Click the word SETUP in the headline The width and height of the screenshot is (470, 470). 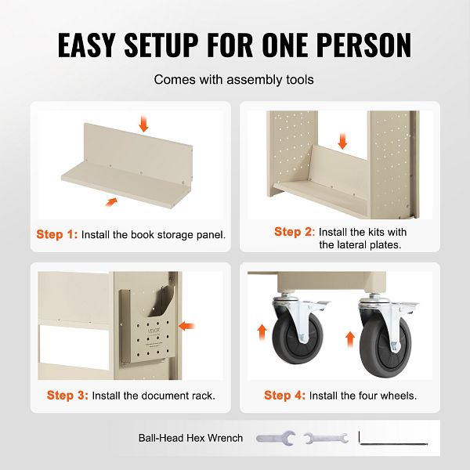(161, 45)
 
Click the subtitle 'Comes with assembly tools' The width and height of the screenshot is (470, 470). (233, 79)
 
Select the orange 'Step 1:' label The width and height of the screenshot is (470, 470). (57, 234)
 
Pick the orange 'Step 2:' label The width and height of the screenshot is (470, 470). (295, 232)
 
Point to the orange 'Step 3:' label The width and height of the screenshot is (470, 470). (67, 395)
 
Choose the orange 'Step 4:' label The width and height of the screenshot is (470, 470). (285, 395)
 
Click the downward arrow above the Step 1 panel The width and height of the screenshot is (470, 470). (143, 124)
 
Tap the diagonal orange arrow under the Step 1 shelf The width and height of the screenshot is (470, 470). (111, 202)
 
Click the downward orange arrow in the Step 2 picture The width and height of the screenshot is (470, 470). (342, 141)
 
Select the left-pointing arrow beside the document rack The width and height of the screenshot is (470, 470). (186, 326)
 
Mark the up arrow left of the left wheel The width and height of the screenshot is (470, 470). (262, 332)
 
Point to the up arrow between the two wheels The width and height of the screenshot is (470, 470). (350, 339)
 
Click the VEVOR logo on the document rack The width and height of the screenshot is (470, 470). (154, 331)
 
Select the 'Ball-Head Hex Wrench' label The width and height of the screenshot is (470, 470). (190, 438)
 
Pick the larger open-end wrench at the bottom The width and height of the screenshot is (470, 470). (276, 438)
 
